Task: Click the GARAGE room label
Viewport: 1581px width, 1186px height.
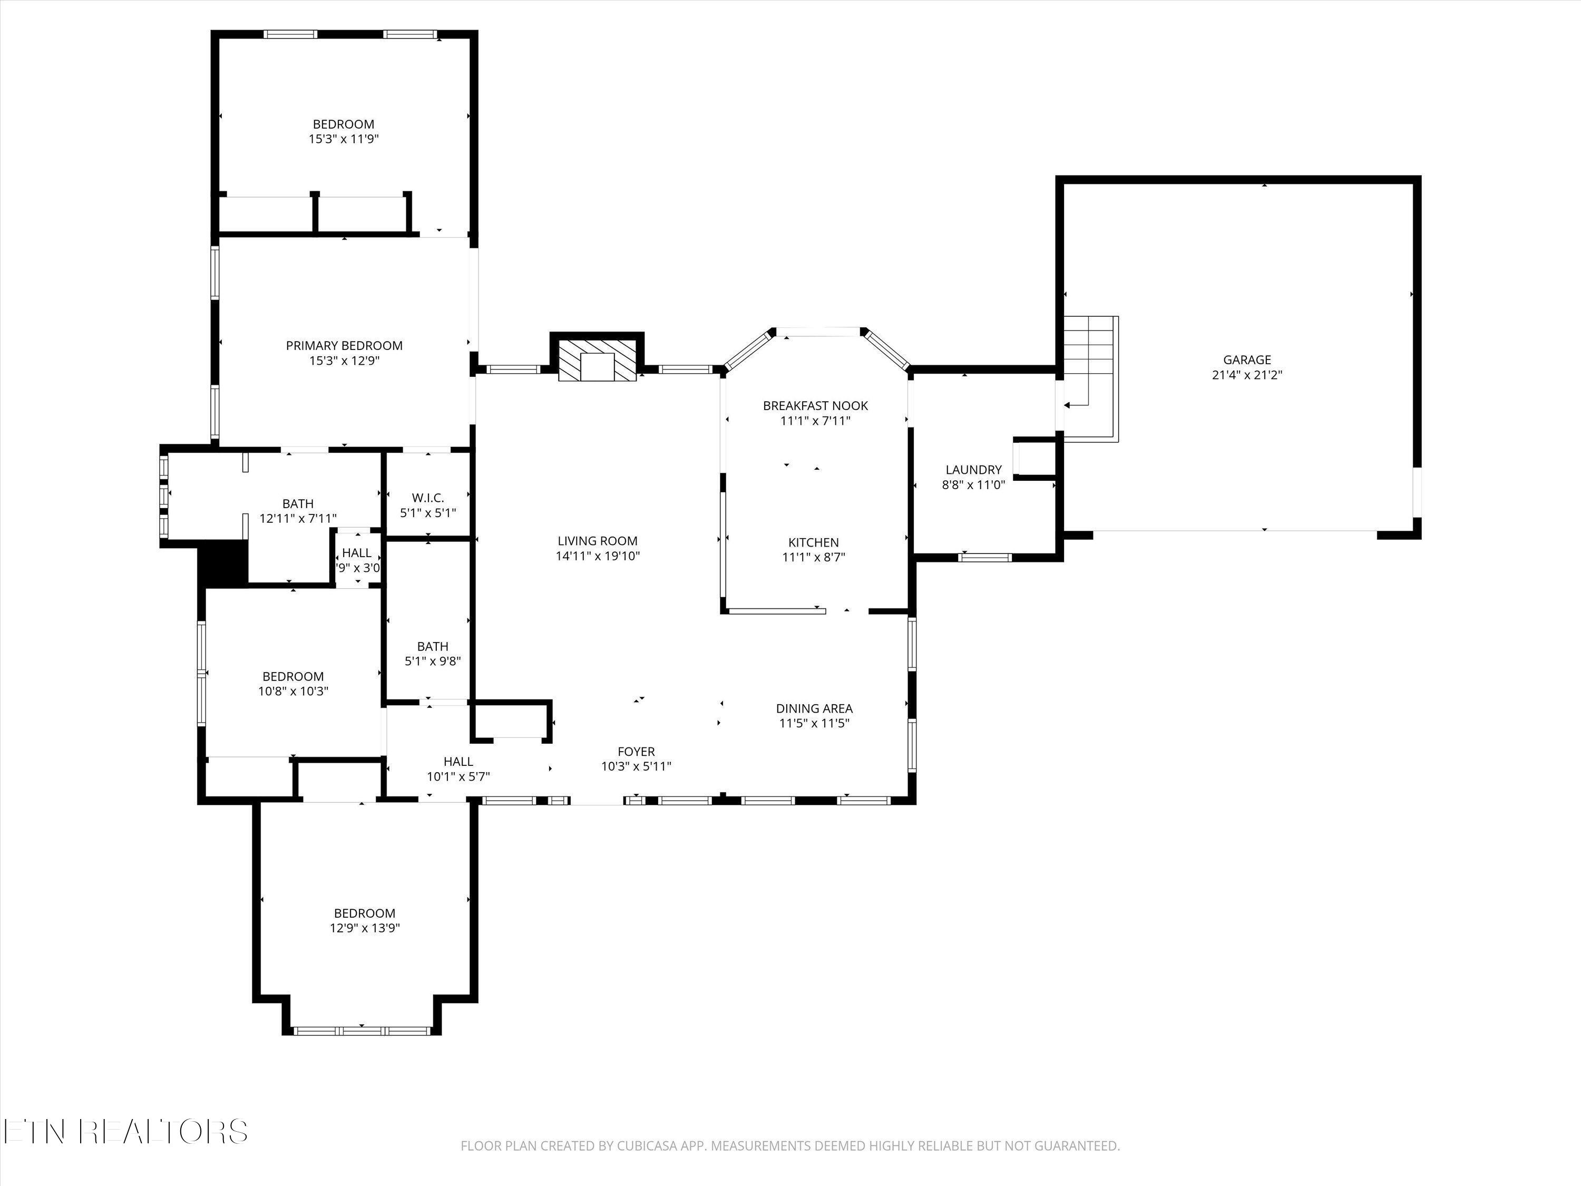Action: point(1247,361)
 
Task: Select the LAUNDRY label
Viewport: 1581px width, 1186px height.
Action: point(973,470)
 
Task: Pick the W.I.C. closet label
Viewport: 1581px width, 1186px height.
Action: point(428,498)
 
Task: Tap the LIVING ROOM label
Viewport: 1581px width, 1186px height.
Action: point(598,541)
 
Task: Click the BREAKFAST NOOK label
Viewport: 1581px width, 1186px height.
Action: point(815,406)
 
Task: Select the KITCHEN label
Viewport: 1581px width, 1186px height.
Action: point(813,542)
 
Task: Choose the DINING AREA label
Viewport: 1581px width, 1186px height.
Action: point(814,708)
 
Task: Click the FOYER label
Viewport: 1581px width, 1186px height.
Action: point(636,751)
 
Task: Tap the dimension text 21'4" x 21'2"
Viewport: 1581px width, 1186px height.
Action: point(1247,375)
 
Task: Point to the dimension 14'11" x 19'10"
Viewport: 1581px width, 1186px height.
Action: point(598,556)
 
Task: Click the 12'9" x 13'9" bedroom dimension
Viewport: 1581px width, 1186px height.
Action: point(365,928)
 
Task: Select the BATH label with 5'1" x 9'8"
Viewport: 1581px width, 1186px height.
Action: point(433,647)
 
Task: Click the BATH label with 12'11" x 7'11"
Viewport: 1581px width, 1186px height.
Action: point(297,504)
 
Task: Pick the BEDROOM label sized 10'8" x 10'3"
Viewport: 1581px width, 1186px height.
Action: point(293,676)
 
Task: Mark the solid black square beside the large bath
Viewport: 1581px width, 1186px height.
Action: point(223,562)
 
